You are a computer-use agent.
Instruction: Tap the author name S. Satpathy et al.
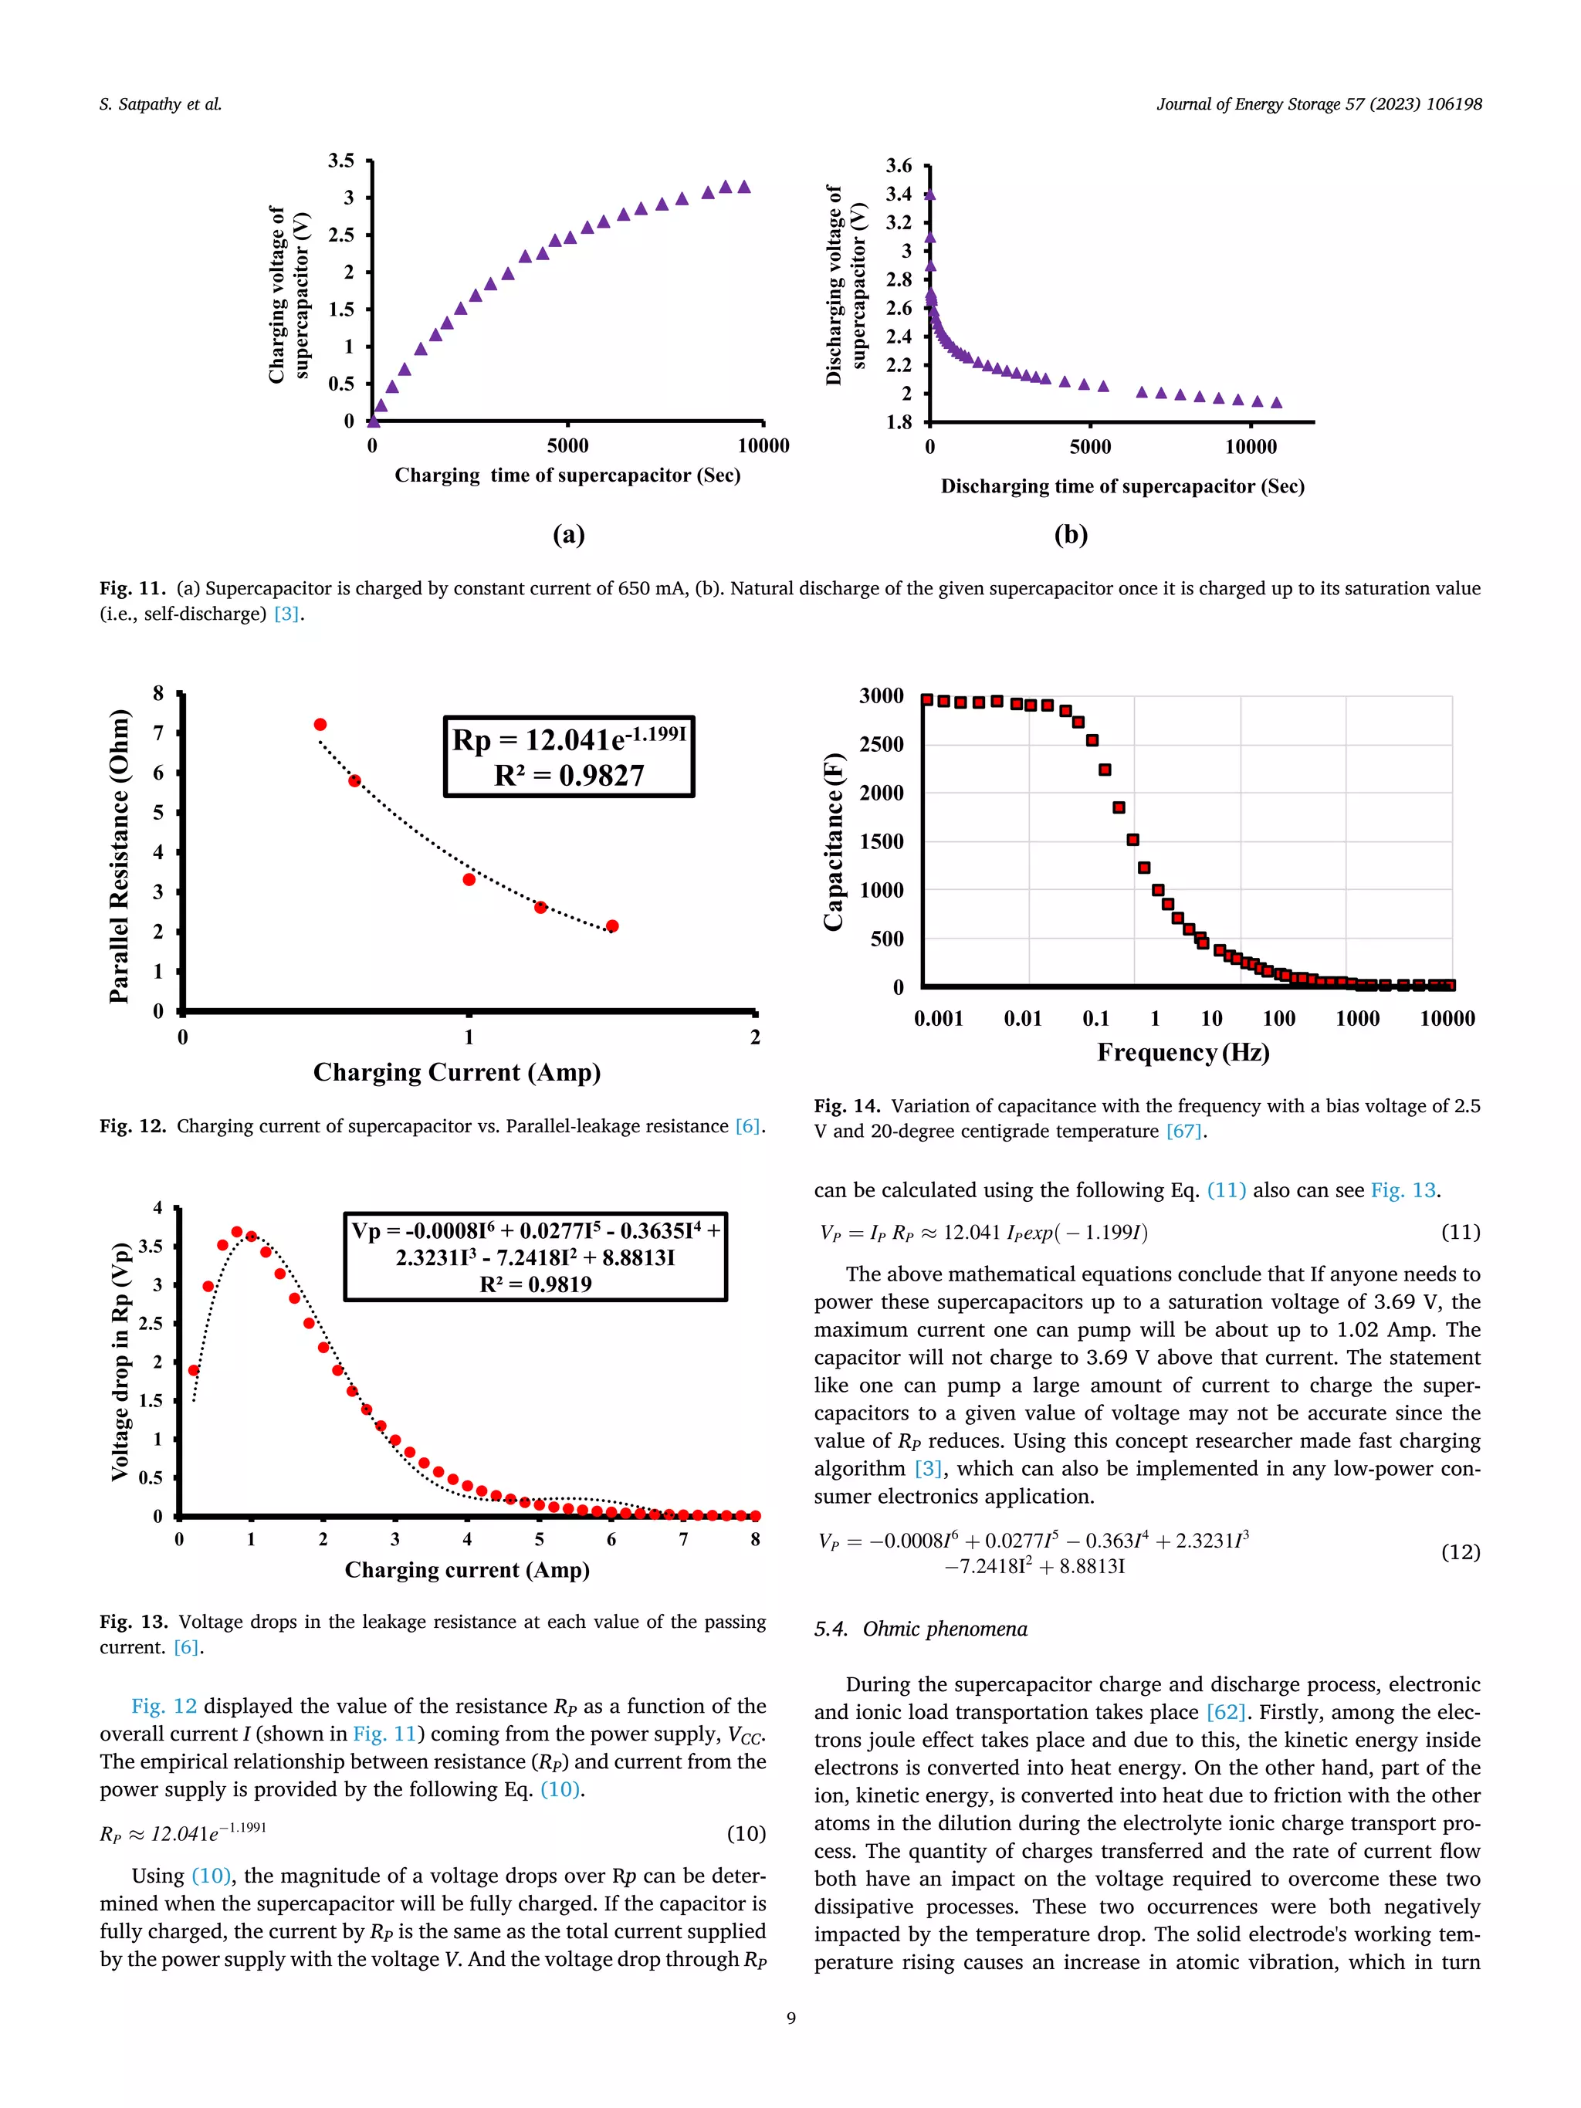(160, 105)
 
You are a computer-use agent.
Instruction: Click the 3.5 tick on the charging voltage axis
(341, 160)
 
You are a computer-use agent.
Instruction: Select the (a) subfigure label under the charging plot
(569, 535)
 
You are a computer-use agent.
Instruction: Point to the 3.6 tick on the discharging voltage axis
(899, 166)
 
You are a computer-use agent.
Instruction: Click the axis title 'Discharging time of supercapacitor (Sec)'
(1122, 486)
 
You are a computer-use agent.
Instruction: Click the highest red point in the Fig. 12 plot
(320, 724)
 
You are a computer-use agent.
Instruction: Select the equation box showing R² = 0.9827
(569, 756)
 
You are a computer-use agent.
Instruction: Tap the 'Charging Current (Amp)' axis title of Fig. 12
(456, 1072)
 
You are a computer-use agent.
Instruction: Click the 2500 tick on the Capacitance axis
(882, 744)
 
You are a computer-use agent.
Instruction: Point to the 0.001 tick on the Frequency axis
(939, 1019)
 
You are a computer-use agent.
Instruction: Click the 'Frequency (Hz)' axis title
(1183, 1052)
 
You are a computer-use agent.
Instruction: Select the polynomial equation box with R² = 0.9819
(536, 1257)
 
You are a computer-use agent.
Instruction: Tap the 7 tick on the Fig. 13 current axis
(683, 1539)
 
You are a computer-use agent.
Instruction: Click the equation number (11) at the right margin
(1460, 1232)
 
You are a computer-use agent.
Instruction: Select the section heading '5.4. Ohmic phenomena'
(921, 1629)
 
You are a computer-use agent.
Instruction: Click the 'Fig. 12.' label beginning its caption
(133, 1126)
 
